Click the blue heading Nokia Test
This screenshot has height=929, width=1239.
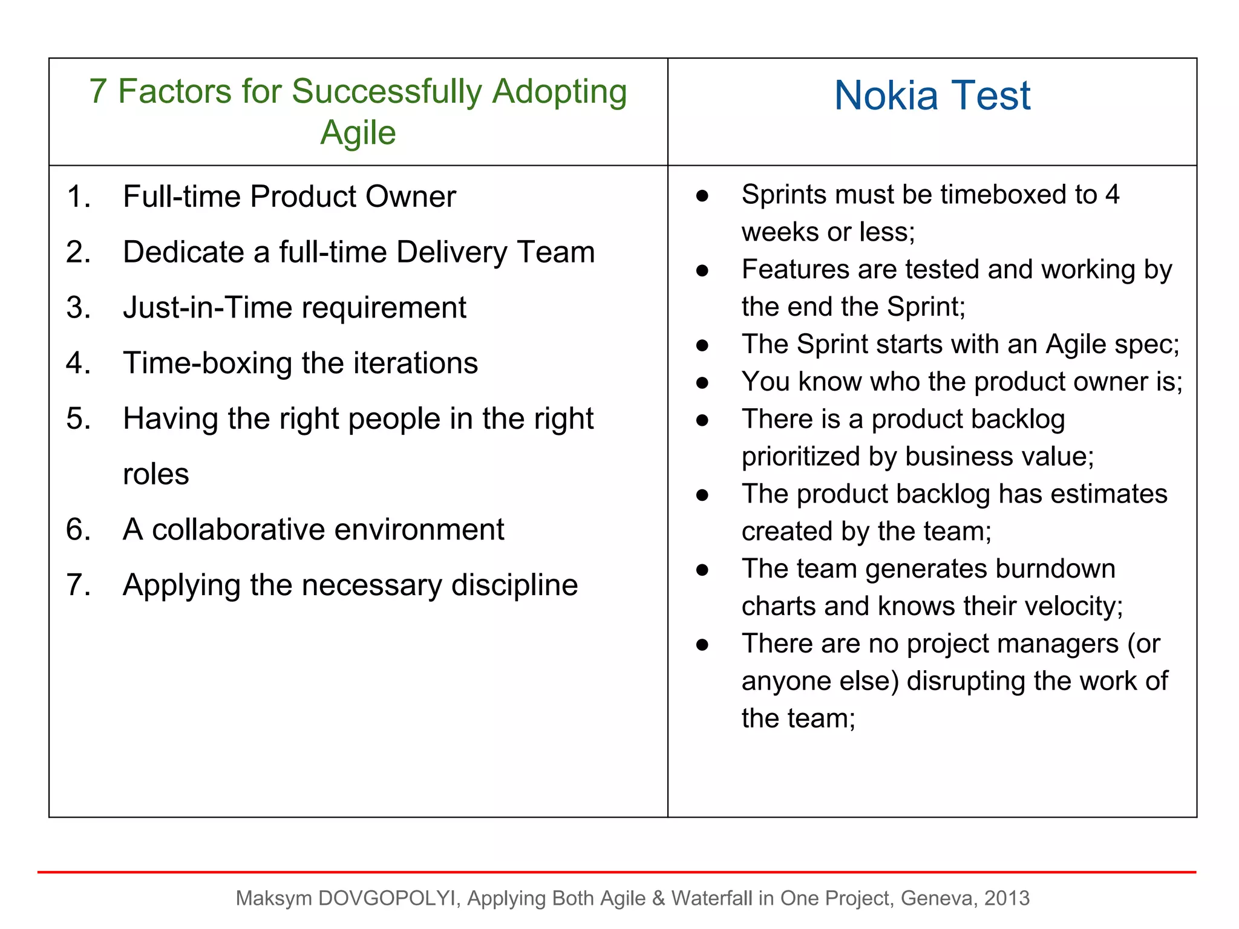tap(932, 96)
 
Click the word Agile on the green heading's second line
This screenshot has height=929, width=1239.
tap(358, 132)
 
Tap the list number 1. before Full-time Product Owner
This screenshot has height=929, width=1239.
tap(79, 197)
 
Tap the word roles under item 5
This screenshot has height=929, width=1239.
tap(155, 474)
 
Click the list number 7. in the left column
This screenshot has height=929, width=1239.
tap(79, 585)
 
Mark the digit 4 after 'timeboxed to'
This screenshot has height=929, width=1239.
tap(1112, 195)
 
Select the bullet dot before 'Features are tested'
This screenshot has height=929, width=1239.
tap(702, 270)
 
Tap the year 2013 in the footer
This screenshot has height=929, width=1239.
tap(1007, 898)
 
